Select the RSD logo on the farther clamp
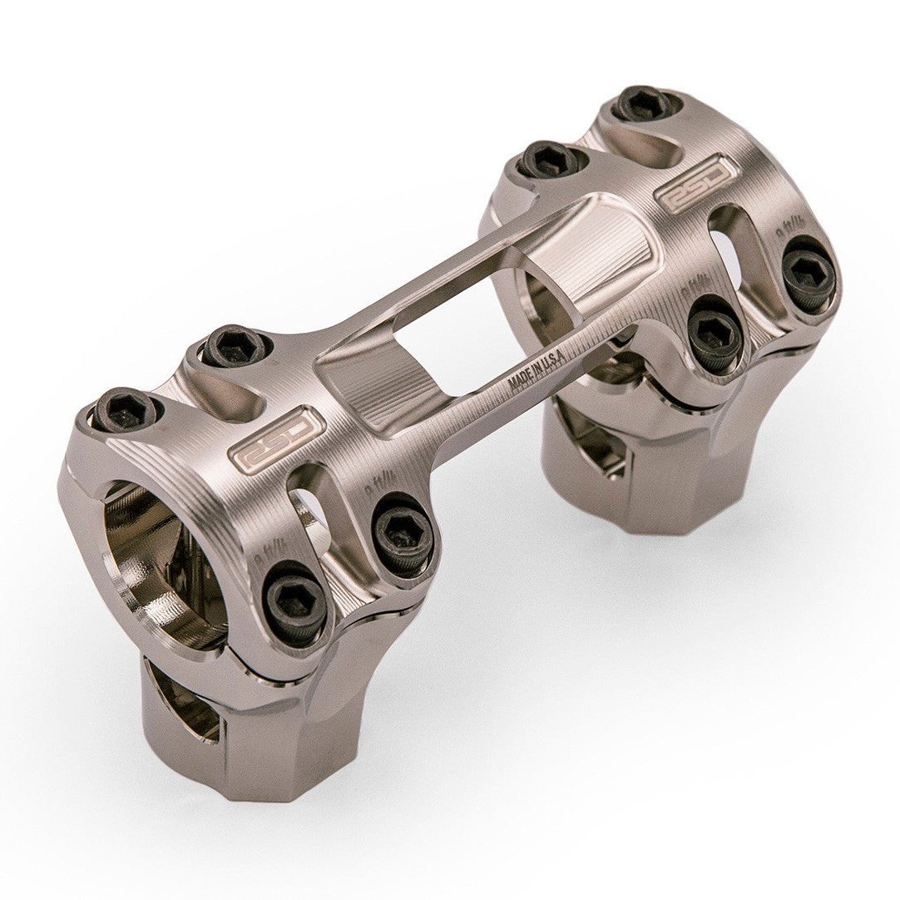(x=695, y=180)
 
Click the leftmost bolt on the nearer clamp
(x=125, y=409)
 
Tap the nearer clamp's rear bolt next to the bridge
(x=235, y=347)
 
